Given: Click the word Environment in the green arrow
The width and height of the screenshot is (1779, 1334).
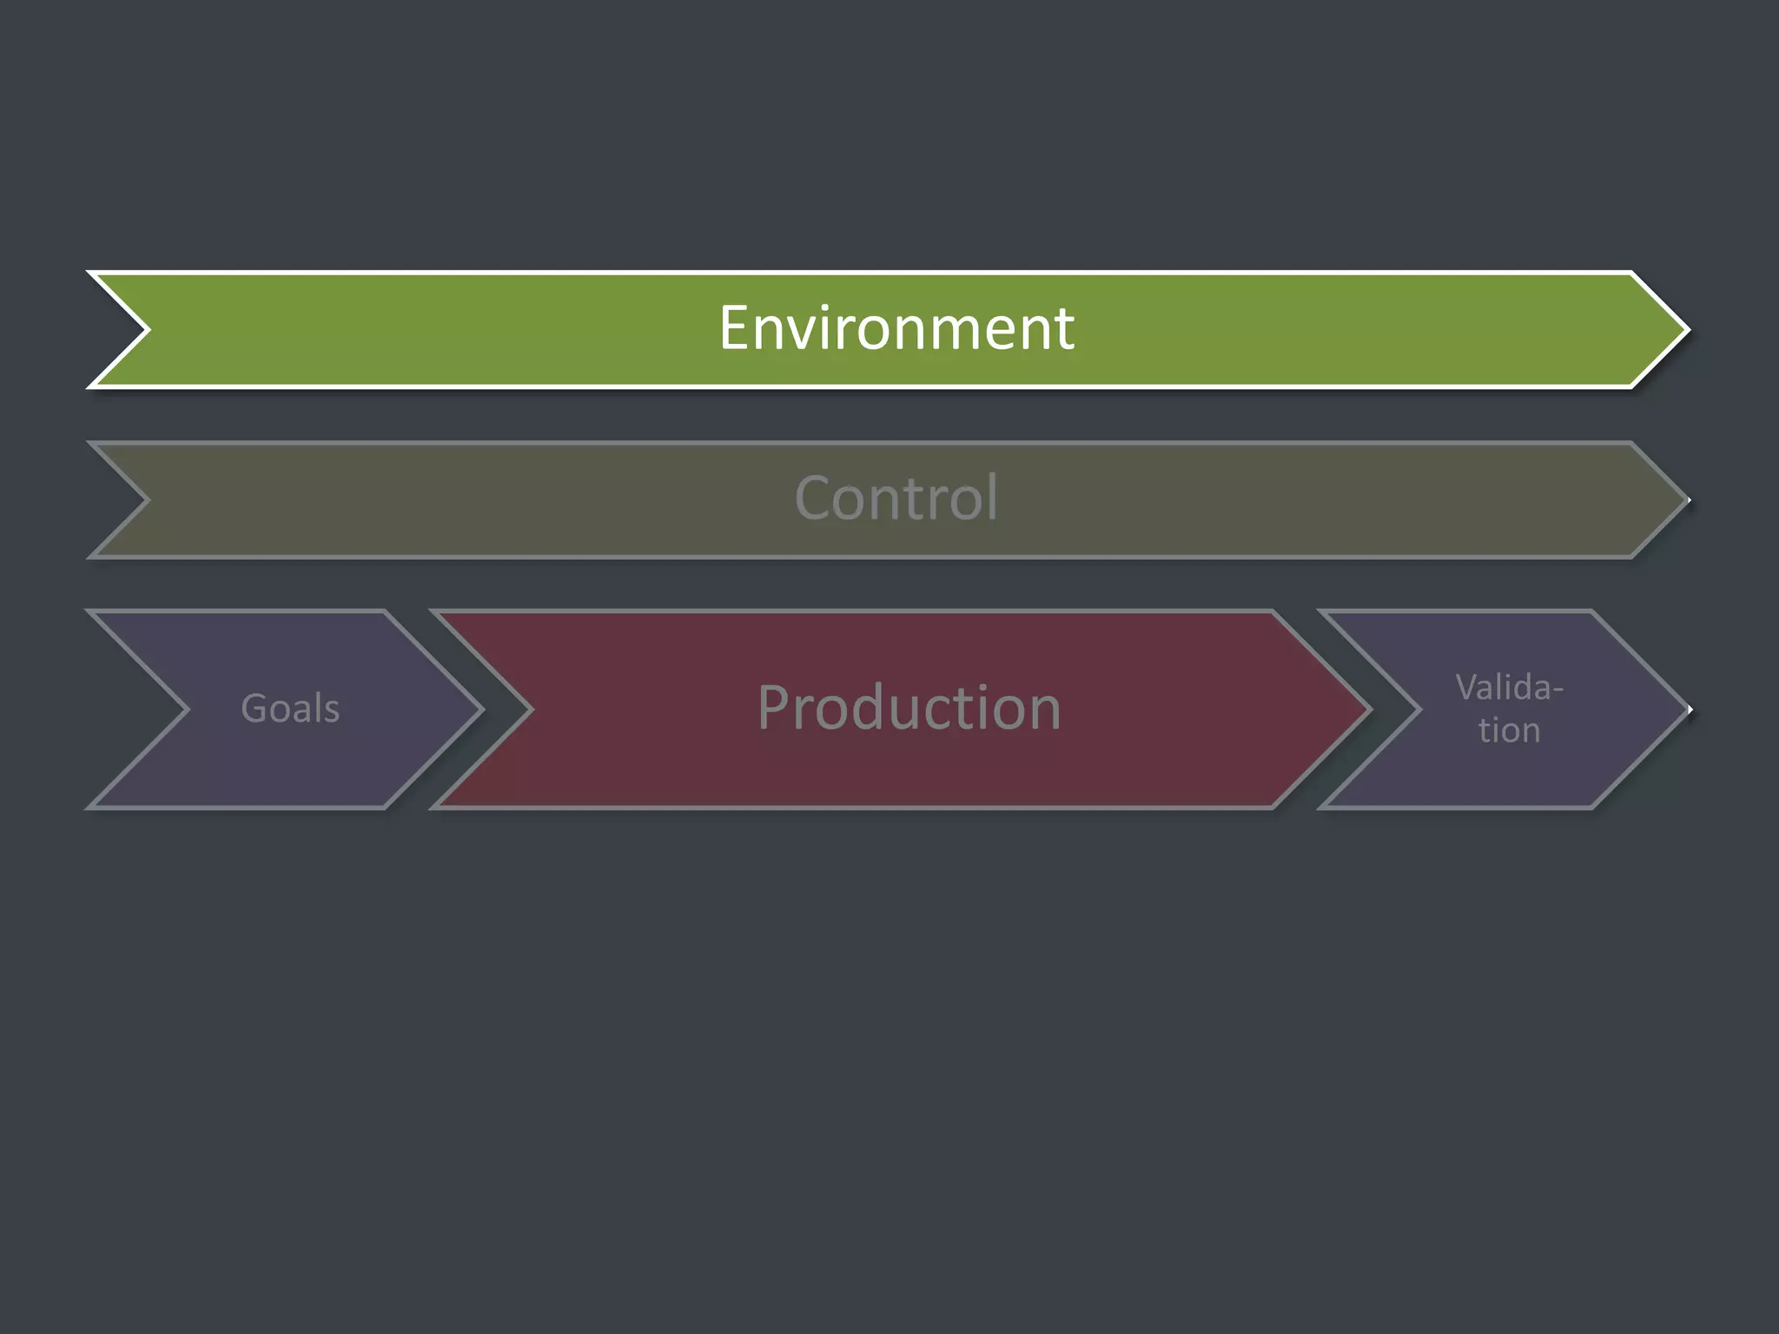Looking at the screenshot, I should (x=896, y=328).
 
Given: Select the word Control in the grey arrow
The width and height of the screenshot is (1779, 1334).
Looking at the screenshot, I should (x=896, y=499).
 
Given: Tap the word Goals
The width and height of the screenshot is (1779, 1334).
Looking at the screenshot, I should (x=290, y=709).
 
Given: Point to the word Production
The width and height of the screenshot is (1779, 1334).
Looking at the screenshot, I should (x=909, y=708).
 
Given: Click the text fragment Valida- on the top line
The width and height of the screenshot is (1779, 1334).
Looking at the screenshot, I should (x=1510, y=688).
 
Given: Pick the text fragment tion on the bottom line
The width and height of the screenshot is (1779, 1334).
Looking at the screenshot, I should (x=1510, y=730).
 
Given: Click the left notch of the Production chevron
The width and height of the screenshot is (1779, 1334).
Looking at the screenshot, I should (x=531, y=710).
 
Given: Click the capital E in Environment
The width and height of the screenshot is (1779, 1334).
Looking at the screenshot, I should (x=734, y=328).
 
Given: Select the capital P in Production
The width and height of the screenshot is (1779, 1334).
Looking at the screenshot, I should (x=775, y=708).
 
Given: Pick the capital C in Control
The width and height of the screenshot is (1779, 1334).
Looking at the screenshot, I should (x=814, y=499).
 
